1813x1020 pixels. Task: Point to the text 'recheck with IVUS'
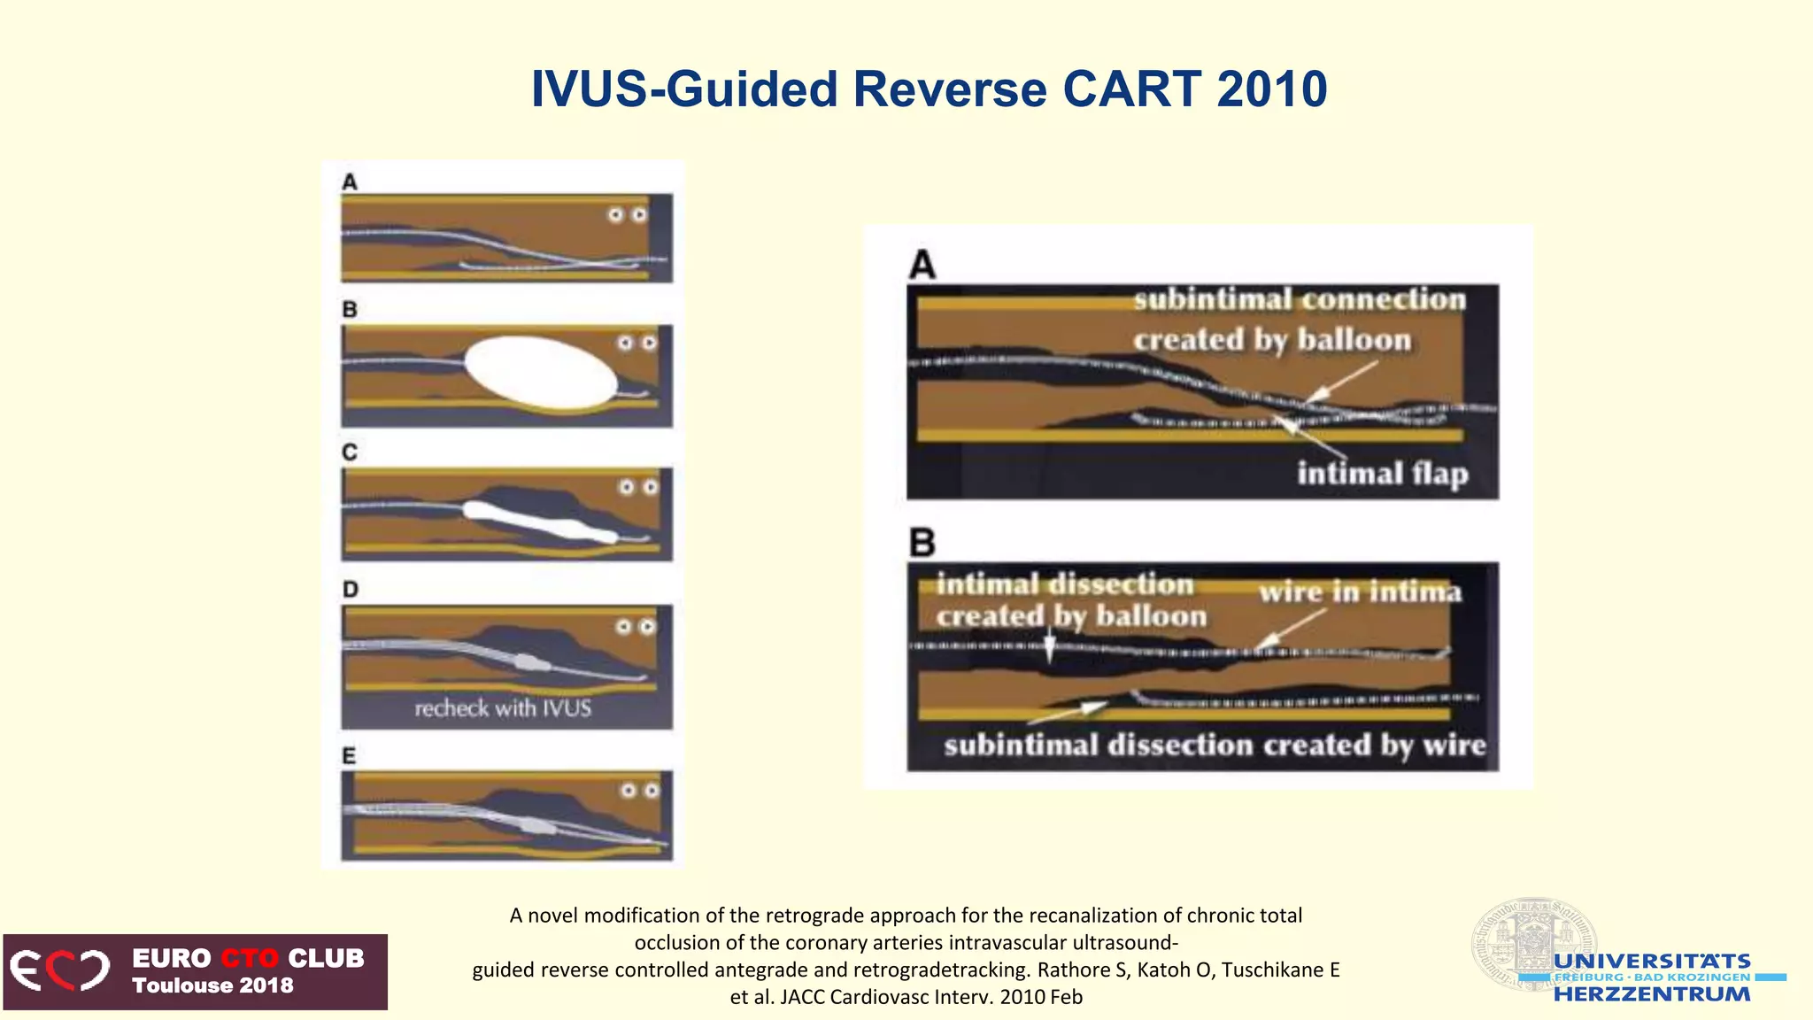tap(503, 708)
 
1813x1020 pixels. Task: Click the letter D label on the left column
tap(351, 590)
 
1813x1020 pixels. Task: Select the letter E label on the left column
tap(350, 756)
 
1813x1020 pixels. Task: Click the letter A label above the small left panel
tap(350, 182)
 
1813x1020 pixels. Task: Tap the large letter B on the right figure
tap(922, 542)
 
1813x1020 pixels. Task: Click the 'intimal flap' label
tap(1383, 474)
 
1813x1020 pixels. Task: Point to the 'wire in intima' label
tap(1360, 591)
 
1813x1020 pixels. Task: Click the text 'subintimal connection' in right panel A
tap(1300, 300)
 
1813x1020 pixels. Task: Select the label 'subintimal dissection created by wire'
tap(1215, 746)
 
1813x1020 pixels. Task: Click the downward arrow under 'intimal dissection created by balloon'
tap(1050, 645)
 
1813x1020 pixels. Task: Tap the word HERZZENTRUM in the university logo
tap(1652, 994)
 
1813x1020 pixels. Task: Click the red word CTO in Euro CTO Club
tap(250, 959)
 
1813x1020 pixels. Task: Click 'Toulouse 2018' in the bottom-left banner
tap(212, 985)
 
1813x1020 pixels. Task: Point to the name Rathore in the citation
tap(1073, 970)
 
